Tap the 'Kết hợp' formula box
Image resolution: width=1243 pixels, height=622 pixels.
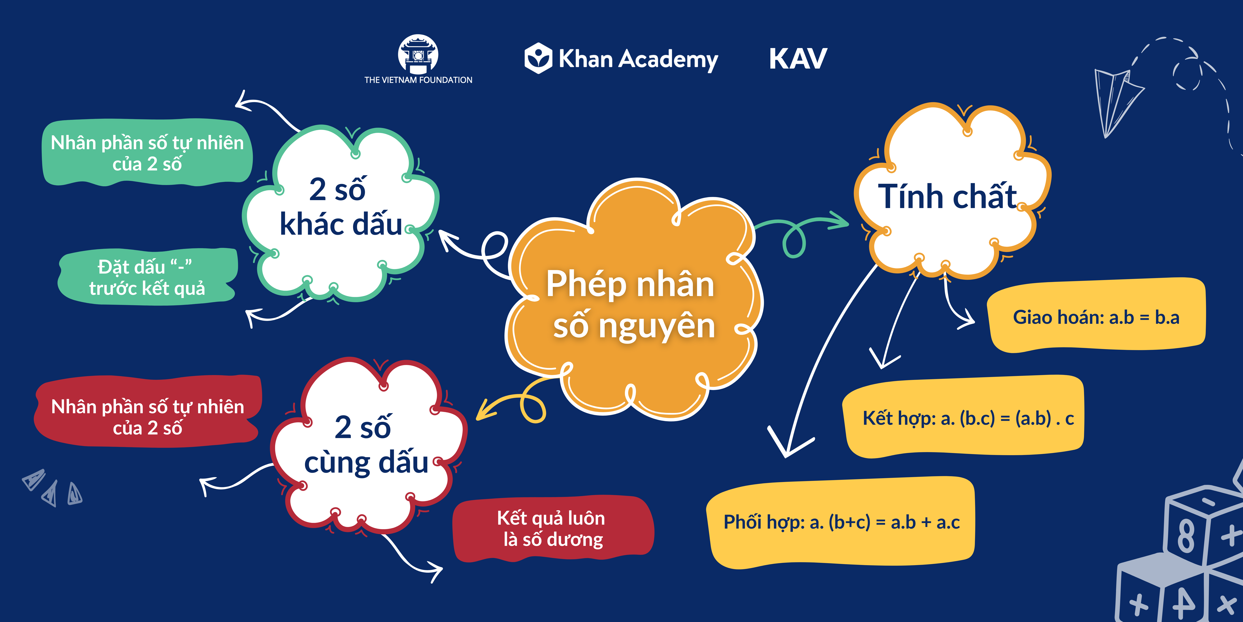coord(965,418)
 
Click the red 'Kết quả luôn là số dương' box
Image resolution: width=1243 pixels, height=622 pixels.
coord(552,529)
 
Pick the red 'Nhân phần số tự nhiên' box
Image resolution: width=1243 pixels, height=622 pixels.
coord(147,416)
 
